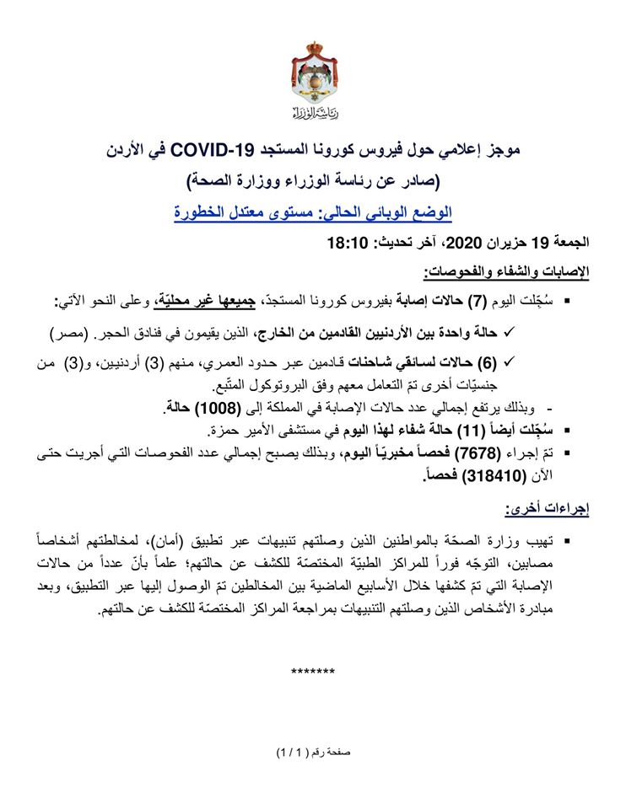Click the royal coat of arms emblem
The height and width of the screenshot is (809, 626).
tap(313, 73)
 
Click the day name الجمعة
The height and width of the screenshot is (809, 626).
tap(569, 245)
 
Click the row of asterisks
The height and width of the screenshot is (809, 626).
tap(312, 672)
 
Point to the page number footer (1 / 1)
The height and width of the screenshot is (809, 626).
tap(292, 751)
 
